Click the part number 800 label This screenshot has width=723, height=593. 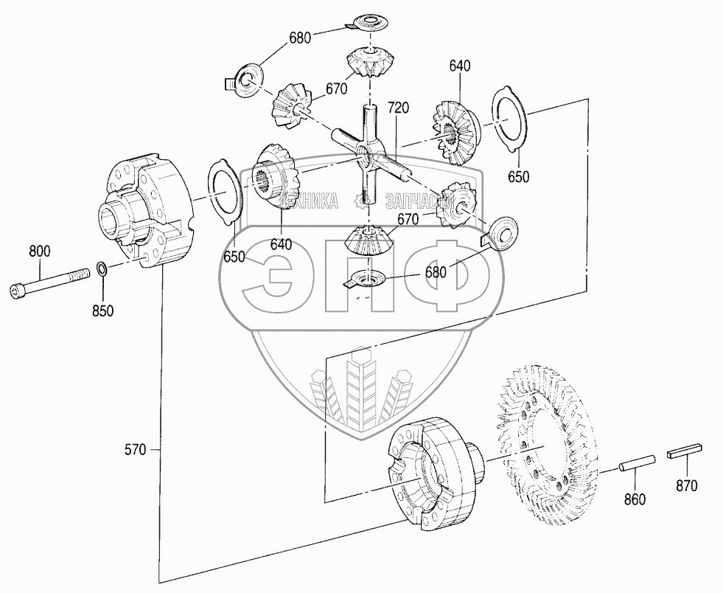point(40,252)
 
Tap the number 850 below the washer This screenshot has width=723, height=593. point(103,311)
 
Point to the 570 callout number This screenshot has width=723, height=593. point(137,448)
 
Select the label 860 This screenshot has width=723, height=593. point(634,499)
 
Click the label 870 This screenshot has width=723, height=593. point(686,487)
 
